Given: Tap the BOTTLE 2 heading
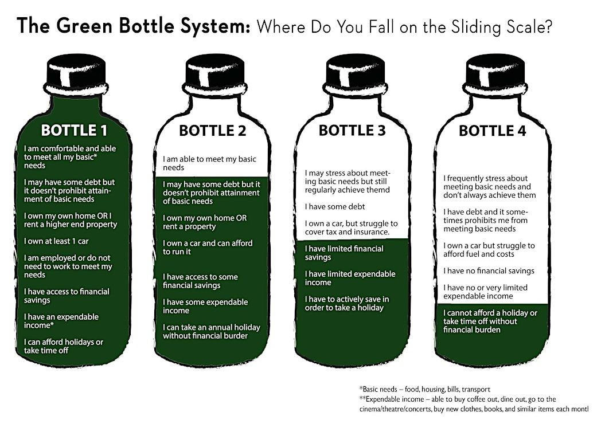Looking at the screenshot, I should point(212,131).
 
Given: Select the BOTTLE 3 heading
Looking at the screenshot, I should point(352,130).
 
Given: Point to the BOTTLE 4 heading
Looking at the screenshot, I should point(492,131).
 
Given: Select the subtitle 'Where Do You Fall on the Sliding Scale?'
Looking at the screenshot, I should point(405,26).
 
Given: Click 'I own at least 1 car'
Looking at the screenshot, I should point(56,241).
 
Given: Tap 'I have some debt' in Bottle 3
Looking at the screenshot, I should point(335,206).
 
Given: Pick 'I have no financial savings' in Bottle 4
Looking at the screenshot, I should point(489,270).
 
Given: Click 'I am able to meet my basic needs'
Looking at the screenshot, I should point(209,163).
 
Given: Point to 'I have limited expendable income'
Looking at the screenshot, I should point(350,278).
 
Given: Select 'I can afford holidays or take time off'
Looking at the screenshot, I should point(64,346).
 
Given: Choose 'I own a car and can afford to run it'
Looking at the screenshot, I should point(208,247).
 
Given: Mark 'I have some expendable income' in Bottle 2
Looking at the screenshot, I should point(205,306).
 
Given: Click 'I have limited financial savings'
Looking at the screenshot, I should point(344,253).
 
